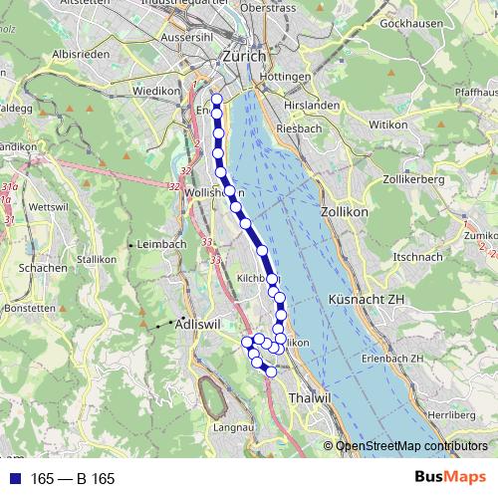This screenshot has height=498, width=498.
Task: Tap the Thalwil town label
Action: coord(308,397)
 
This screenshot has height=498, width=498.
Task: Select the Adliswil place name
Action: coord(196,325)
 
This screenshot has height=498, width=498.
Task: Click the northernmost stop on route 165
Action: coord(216,98)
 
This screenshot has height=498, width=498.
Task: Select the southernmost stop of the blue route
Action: coord(270,372)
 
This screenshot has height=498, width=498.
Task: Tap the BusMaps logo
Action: coord(452,478)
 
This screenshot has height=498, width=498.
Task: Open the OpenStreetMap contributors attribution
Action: coord(410,446)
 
